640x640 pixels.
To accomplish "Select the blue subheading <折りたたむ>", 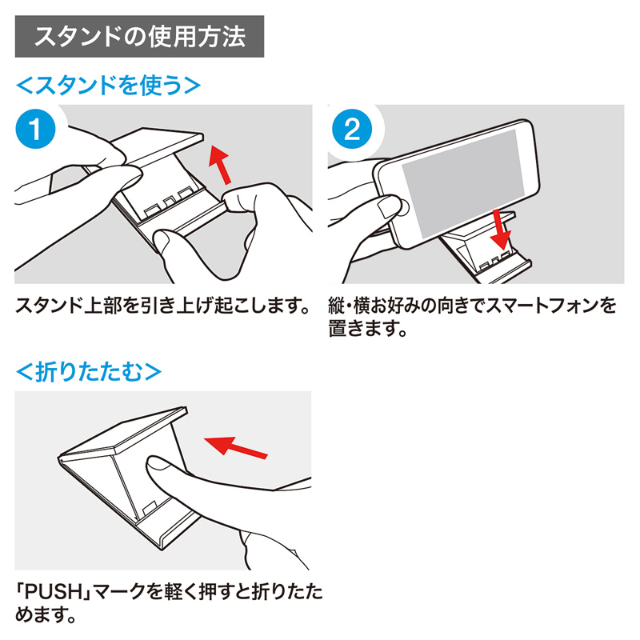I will [89, 371].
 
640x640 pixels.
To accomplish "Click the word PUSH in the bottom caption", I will [54, 594].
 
